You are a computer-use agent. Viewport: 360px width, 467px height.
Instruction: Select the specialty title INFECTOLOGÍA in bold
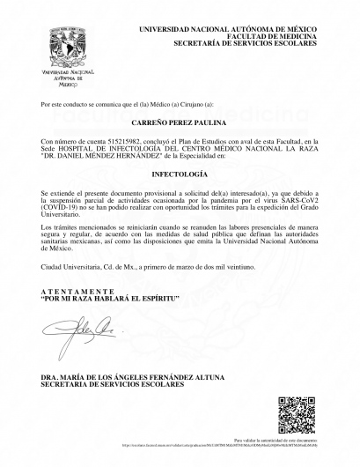(x=179, y=174)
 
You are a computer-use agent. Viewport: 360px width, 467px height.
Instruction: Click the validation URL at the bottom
(x=217, y=445)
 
